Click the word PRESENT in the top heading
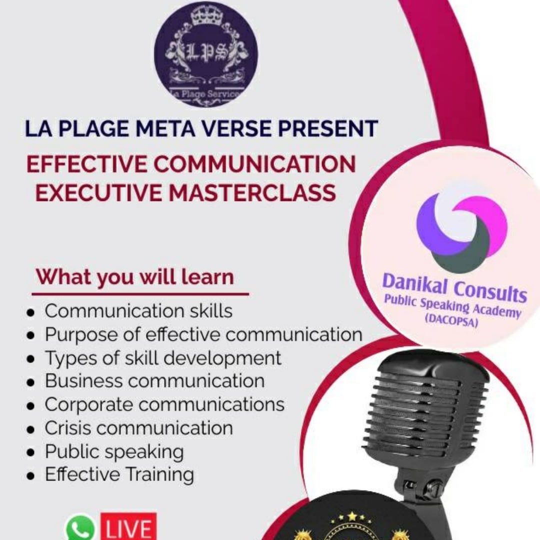coord(328,129)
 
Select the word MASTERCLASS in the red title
coord(251,192)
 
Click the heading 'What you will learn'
coord(135,277)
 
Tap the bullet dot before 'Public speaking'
coord(31,452)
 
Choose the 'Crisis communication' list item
coord(139,428)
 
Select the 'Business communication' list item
coord(154,381)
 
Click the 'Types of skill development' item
coord(163,358)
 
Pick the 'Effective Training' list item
coord(119,474)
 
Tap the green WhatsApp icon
coord(79,527)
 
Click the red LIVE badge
coord(128,526)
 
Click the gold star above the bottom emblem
coord(352,516)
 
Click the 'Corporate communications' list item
coord(164,404)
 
